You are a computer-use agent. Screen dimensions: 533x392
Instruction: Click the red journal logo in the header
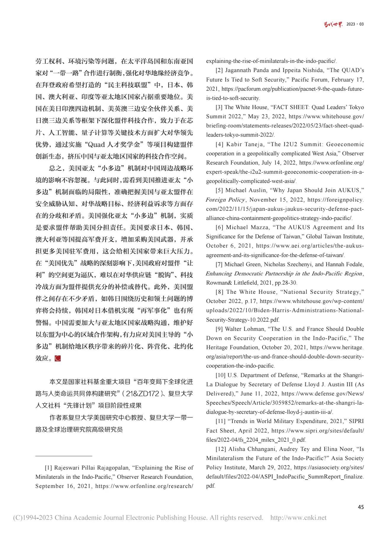click(x=333, y=24)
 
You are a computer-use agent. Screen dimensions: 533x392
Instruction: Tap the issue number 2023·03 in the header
click(x=355, y=24)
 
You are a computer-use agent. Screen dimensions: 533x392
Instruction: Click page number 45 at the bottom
click(x=361, y=507)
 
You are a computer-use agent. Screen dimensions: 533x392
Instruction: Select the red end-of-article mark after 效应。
click(x=58, y=358)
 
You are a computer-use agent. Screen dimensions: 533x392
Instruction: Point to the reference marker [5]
click(x=219, y=190)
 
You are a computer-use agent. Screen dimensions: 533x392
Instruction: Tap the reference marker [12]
click(x=221, y=449)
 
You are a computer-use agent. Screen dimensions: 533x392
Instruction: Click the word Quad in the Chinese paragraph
click(x=96, y=145)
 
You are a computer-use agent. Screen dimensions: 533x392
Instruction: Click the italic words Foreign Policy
click(x=225, y=200)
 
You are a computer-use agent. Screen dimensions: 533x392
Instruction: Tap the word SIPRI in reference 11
click(x=356, y=421)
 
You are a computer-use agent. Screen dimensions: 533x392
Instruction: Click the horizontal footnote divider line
click(x=64, y=456)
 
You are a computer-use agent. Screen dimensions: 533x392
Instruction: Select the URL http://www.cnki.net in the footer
click(x=298, y=518)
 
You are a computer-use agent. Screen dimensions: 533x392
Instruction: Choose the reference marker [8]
click(x=220, y=292)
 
